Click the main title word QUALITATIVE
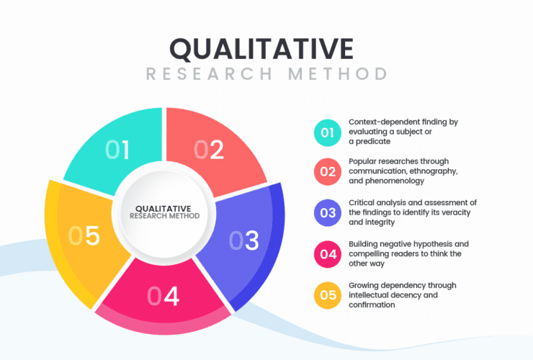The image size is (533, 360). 261,49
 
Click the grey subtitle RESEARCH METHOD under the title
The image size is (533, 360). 266,74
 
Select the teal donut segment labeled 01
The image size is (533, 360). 117,150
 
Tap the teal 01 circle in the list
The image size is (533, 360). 327,132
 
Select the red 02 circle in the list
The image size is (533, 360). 327,171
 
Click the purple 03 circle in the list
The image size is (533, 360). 327,213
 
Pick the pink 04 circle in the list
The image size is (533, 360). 327,254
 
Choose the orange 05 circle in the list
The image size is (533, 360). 327,295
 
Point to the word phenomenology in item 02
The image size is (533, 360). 395,181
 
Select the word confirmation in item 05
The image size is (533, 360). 372,305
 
